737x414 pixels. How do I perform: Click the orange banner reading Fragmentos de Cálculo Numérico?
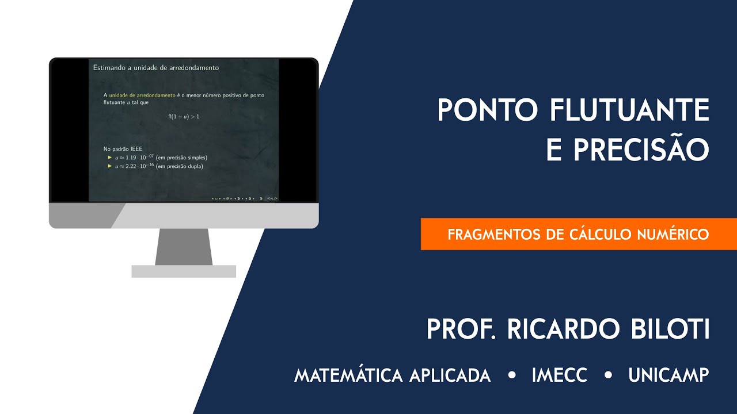[578, 234]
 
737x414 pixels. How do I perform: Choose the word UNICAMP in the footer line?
[668, 375]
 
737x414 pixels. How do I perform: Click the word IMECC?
[560, 375]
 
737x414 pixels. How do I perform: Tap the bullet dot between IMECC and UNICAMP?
[608, 375]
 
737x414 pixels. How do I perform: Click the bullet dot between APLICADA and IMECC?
[512, 375]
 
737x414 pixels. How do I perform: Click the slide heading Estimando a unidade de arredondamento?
[156, 68]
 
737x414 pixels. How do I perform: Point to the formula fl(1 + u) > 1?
[184, 117]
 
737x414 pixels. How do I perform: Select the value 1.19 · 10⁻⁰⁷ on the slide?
[135, 158]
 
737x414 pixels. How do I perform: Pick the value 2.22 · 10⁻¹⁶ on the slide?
[135, 166]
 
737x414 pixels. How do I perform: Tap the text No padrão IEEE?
[119, 149]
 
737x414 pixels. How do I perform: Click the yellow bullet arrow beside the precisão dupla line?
[109, 166]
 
